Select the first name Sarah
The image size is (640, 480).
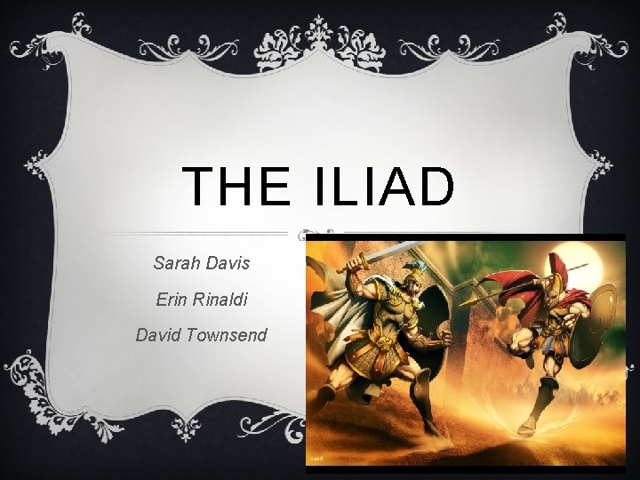176,264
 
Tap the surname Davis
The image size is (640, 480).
228,264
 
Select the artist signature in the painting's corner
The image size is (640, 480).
316,459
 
